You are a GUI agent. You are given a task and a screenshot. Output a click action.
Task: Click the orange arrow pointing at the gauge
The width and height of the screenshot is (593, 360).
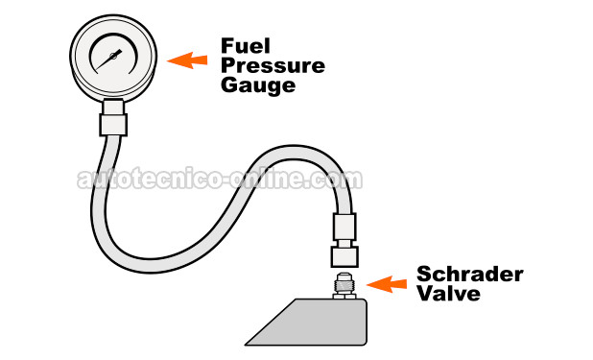click(x=187, y=61)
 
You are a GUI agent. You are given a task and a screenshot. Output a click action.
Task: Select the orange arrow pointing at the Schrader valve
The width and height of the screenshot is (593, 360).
click(x=389, y=283)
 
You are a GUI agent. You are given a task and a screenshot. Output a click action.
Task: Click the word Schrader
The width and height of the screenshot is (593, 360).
click(x=469, y=276)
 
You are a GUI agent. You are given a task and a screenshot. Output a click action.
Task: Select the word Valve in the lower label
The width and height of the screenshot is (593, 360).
click(x=447, y=295)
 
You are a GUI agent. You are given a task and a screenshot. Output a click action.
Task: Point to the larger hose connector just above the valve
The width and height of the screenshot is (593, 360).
click(x=344, y=256)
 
